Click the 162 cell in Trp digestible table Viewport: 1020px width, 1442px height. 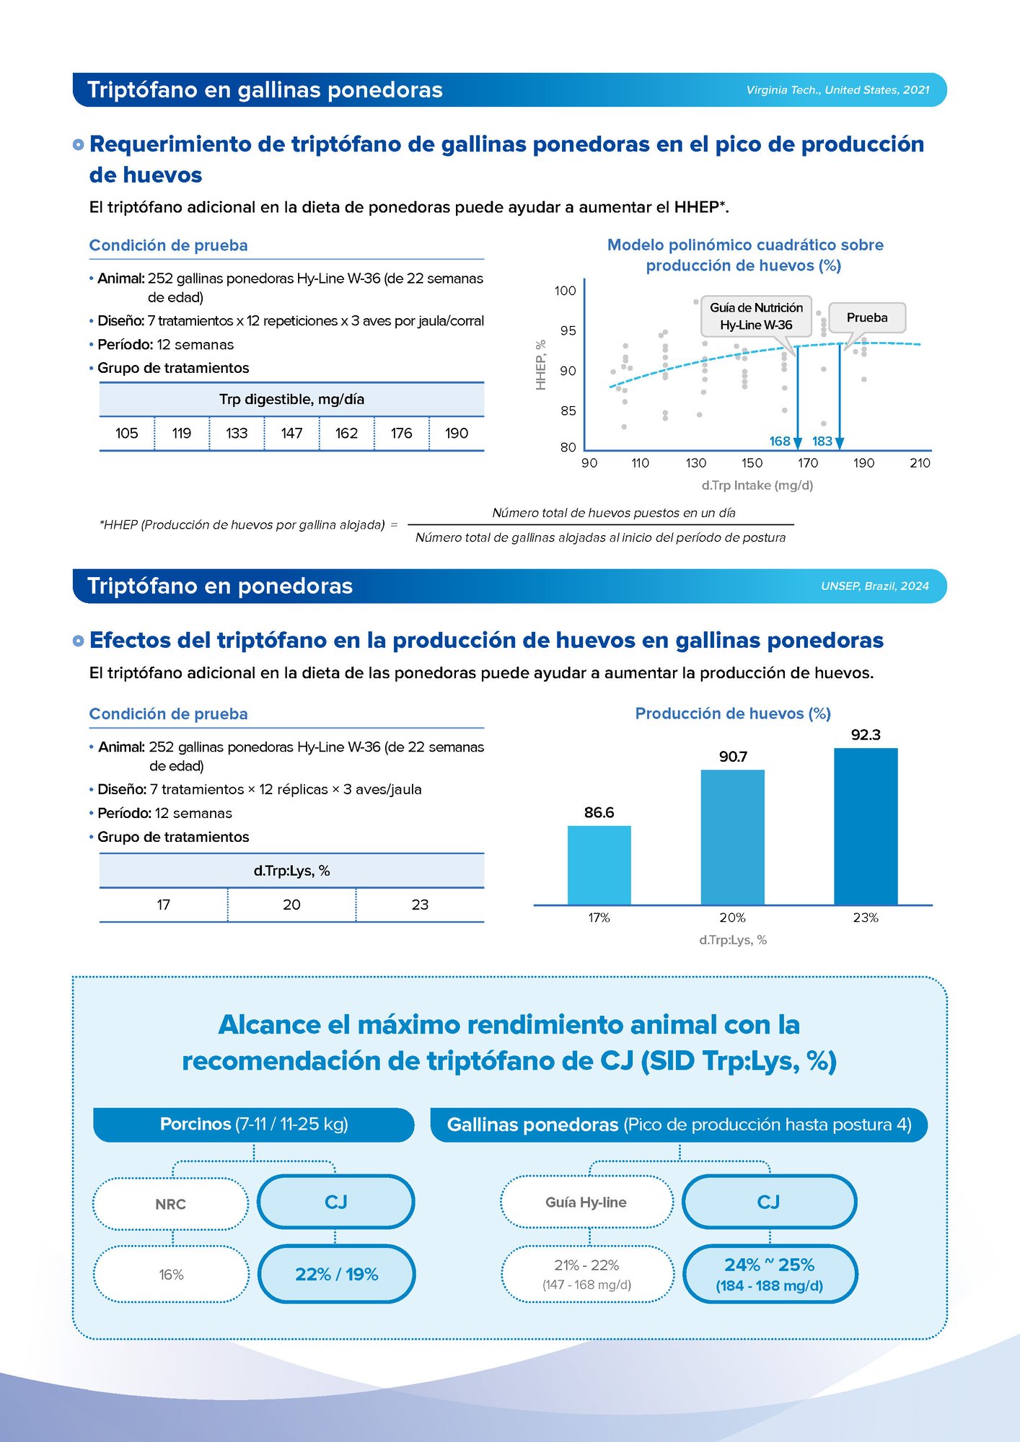[346, 433]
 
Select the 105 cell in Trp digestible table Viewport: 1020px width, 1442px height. [126, 433]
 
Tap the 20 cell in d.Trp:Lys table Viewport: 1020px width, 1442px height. [291, 905]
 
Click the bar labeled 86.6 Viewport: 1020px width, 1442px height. [599, 865]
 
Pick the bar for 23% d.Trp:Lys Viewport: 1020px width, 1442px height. [866, 826]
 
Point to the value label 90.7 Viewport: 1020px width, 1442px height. [733, 757]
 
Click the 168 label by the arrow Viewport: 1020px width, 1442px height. [780, 441]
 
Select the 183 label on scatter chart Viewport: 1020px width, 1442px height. [822, 441]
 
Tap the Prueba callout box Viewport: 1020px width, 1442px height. [867, 317]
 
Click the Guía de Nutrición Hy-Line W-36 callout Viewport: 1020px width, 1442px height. [756, 316]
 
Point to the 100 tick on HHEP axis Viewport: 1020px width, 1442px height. [566, 291]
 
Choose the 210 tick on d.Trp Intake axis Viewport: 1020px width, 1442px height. [920, 463]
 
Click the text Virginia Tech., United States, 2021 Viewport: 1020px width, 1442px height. [837, 90]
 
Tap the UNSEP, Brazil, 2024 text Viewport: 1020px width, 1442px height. [874, 586]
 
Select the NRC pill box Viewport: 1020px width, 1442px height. [171, 1204]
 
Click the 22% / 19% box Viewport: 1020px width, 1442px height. [336, 1274]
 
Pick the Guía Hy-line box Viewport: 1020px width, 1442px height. [586, 1202]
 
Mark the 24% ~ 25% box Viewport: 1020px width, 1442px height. [769, 1274]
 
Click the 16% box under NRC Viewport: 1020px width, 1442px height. [171, 1275]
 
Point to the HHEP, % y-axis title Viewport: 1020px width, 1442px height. [541, 365]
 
